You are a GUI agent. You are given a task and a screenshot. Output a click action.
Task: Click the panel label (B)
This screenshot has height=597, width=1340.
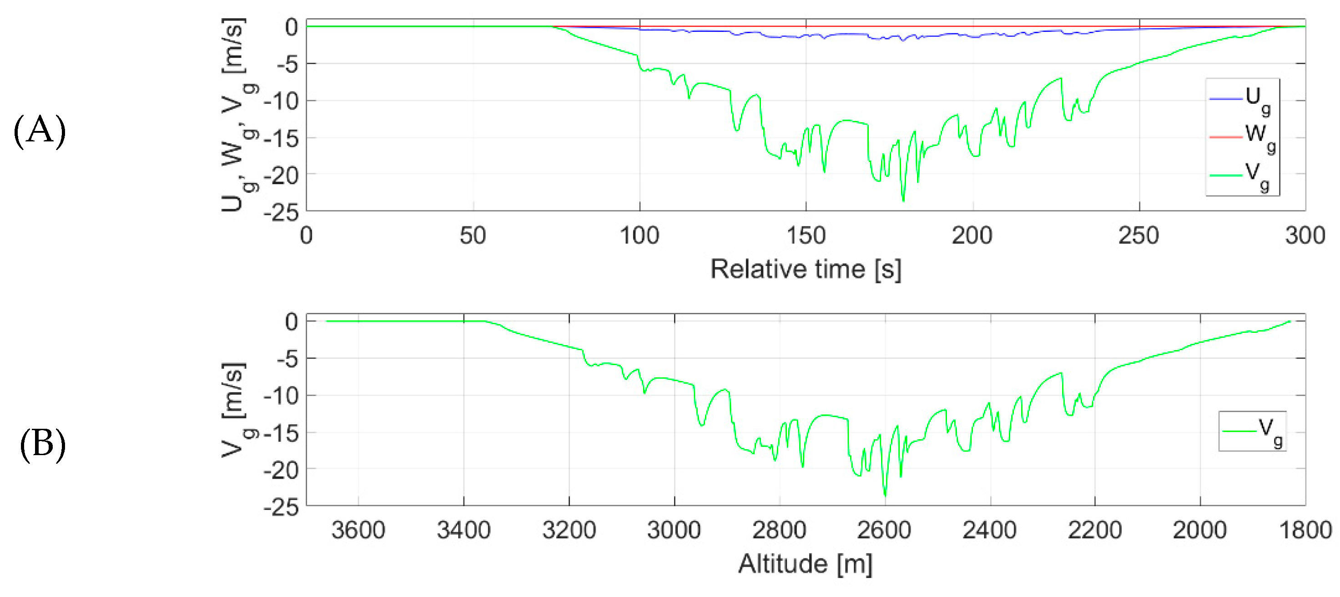click(x=43, y=445)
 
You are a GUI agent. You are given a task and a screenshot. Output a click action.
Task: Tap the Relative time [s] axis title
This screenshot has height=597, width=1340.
click(x=806, y=269)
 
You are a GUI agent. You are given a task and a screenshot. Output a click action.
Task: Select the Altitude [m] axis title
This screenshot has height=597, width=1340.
click(x=805, y=564)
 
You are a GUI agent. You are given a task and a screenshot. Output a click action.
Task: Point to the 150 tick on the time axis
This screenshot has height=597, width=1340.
click(x=806, y=236)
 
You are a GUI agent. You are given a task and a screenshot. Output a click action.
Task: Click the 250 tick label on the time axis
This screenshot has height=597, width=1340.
click(x=1138, y=236)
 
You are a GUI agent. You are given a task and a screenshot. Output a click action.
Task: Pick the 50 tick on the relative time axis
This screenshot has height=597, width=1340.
click(x=473, y=236)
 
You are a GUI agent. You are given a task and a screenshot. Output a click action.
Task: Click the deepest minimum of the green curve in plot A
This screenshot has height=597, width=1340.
click(x=903, y=201)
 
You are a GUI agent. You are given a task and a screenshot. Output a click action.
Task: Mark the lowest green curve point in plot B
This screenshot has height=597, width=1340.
click(x=885, y=495)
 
